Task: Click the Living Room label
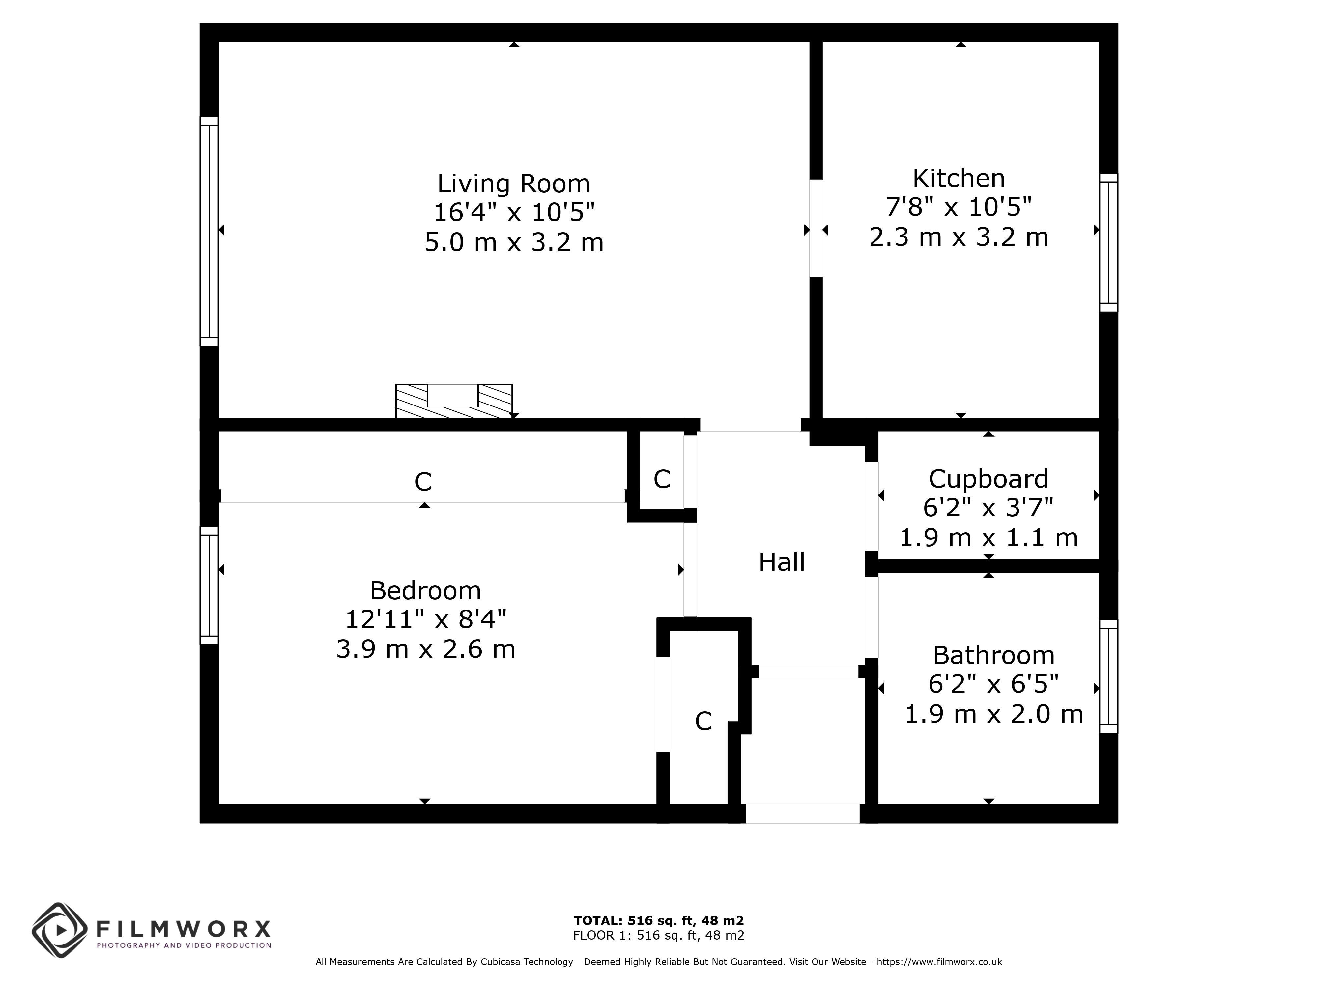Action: tap(514, 184)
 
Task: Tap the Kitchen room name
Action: tap(959, 178)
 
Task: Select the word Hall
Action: tap(782, 561)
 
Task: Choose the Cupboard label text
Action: tap(988, 479)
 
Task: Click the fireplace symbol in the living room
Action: tap(454, 401)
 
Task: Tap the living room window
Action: tap(209, 231)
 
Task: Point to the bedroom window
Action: tap(209, 585)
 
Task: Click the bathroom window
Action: tap(1108, 676)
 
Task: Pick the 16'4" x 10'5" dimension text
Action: tap(514, 212)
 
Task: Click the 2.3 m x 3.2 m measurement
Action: tap(959, 237)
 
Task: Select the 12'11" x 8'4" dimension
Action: tap(425, 619)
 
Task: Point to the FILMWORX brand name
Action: tap(184, 928)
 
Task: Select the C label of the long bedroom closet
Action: tap(423, 482)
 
